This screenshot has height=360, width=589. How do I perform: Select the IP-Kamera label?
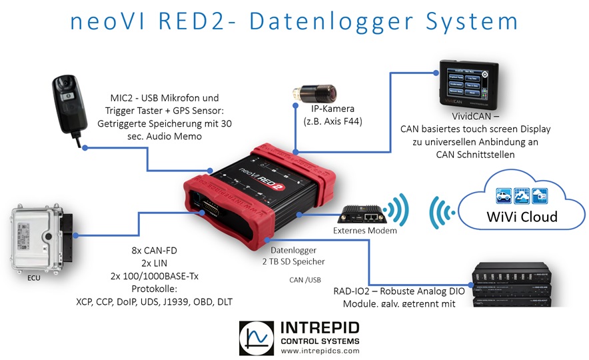tap(332, 109)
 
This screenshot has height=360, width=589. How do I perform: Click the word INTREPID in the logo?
tap(321, 327)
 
